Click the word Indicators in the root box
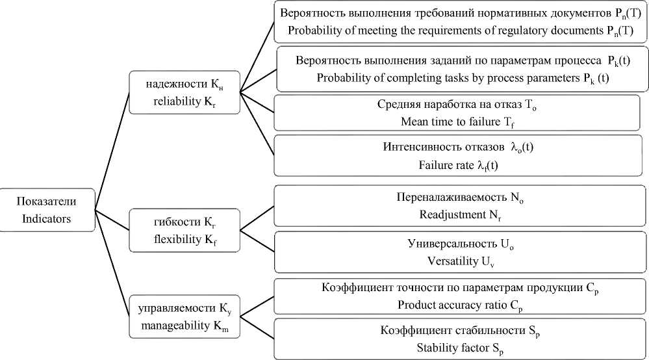pos(47,219)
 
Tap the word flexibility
pos(176,238)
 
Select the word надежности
pos(172,84)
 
